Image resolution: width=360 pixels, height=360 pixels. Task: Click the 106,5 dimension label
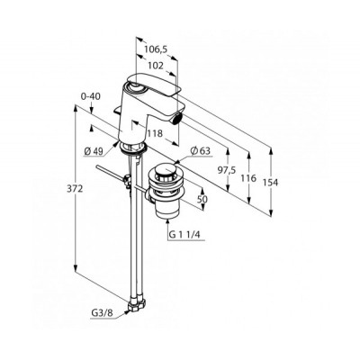pos(156,49)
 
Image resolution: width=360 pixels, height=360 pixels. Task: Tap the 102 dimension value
pos(156,66)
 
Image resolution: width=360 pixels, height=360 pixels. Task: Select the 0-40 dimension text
pos(91,96)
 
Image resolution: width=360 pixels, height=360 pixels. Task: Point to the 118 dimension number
pos(155,133)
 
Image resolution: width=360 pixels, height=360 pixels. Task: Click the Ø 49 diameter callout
pos(94,152)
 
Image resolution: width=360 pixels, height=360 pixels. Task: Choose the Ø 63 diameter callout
pos(200,150)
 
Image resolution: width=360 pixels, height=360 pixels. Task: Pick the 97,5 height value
pos(226,170)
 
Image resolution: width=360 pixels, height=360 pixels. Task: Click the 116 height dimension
pos(248,178)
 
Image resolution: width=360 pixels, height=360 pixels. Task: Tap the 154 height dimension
pos(271,182)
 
